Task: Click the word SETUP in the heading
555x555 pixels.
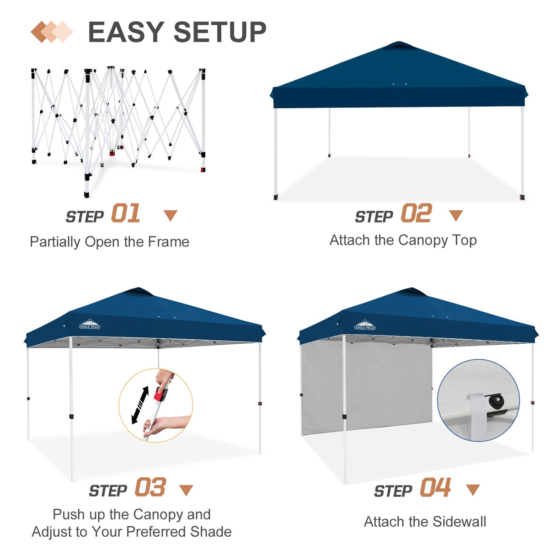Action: coord(219,32)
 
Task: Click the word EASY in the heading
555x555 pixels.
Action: coord(126,32)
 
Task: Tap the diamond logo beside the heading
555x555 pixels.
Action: coord(52,32)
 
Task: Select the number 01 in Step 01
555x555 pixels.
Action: coord(125,214)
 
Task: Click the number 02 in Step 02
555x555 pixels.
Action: coord(416,214)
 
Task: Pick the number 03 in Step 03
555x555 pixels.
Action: coord(150,487)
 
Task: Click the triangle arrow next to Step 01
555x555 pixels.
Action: coord(171,215)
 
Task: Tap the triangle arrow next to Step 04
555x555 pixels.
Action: coord(472,490)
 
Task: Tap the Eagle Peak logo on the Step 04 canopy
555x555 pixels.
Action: coord(365,325)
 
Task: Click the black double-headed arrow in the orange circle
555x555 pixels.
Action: coord(140,405)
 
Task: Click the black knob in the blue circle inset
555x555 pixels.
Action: coord(496,402)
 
